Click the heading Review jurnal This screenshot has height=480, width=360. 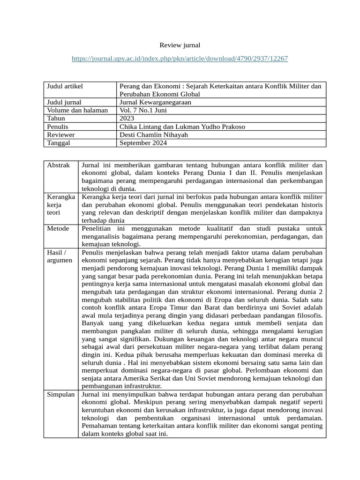tap(180, 45)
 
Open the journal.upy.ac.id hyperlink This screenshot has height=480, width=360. tap(180, 59)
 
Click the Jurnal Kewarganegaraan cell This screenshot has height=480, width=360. tap(155, 102)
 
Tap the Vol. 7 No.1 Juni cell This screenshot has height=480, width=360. tap(143, 110)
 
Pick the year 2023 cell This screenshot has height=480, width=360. tap(127, 119)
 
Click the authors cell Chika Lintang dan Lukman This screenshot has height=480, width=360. tap(182, 127)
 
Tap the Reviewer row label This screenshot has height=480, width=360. tap(61, 135)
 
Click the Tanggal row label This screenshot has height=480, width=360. tap(59, 143)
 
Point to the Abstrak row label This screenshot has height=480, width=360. tap(59, 165)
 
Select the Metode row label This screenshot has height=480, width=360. tap(58, 228)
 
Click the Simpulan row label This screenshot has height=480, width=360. tap(61, 395)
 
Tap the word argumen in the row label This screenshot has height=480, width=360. tap(60, 260)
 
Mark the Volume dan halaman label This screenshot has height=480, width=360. tap(77, 110)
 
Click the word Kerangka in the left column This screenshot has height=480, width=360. tap(61, 197)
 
